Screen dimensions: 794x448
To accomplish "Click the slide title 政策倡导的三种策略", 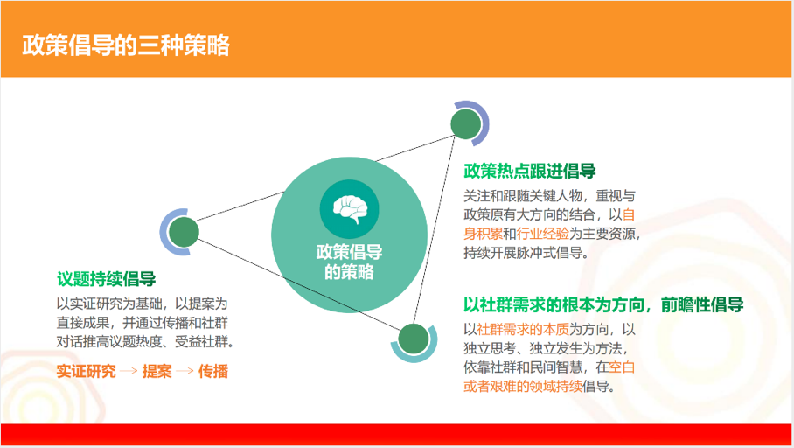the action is point(126,45).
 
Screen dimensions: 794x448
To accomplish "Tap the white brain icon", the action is point(350,209).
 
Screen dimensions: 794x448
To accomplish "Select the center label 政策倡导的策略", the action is point(350,262).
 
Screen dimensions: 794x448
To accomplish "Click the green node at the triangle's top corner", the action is point(466,123).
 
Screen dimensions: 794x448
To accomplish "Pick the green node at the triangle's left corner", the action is point(184,232).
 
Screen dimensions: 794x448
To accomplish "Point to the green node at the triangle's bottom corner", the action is point(414,339).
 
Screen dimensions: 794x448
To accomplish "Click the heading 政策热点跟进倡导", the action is point(530,171).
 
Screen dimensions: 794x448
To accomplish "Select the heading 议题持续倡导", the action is point(107,279).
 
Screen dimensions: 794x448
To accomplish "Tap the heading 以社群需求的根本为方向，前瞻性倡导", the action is point(603,305).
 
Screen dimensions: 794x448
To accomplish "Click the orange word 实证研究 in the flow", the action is point(86,372).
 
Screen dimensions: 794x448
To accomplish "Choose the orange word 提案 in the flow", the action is point(157,372).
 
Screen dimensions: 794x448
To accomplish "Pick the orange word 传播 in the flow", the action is point(213,372).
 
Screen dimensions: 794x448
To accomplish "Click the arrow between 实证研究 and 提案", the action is point(129,371).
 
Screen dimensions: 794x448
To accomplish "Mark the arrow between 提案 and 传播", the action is point(185,371).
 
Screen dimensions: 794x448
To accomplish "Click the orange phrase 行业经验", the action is point(542,234).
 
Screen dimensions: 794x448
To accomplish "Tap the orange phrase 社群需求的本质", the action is point(523,329).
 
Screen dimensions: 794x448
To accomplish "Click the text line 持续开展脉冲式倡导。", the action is point(526,252).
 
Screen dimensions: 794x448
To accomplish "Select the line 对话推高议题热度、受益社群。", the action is point(145,341).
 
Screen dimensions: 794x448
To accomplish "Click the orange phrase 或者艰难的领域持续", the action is point(523,386).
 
